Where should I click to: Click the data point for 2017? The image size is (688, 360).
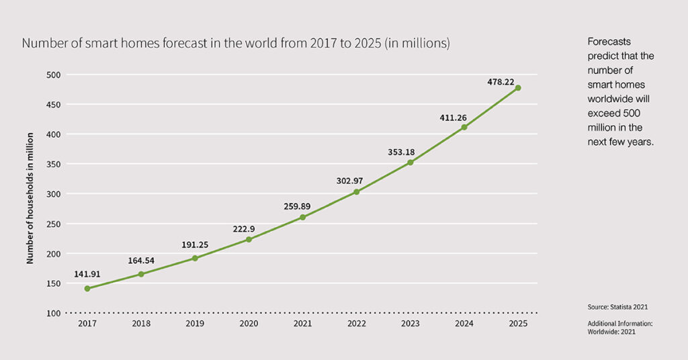(x=87, y=289)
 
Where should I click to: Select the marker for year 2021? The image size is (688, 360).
(x=302, y=217)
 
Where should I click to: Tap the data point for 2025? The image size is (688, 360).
(x=518, y=87)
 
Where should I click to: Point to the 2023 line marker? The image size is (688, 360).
(x=411, y=163)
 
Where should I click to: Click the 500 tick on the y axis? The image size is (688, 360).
(x=53, y=75)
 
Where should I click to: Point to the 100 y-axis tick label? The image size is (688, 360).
(x=53, y=313)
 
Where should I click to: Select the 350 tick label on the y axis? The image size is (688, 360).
(x=53, y=164)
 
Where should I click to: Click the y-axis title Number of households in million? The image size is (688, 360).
(x=30, y=193)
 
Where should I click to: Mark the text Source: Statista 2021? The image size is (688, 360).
(x=617, y=307)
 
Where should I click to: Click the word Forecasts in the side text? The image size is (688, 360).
(x=609, y=42)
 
